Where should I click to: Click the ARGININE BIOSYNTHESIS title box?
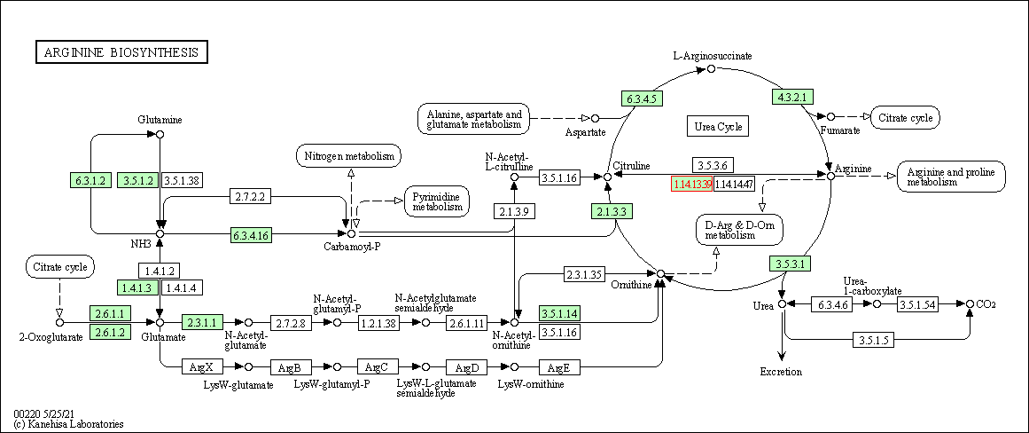tap(121, 52)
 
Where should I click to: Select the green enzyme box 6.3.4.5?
tap(641, 98)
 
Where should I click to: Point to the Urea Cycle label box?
tap(717, 127)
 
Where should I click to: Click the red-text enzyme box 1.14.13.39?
tap(692, 184)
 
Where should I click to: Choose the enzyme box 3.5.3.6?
tap(713, 166)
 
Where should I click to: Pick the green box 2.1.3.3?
tap(612, 211)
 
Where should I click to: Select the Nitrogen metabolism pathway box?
tap(348, 156)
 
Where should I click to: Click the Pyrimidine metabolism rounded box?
tap(437, 201)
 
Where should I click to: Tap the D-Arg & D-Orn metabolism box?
tap(740, 229)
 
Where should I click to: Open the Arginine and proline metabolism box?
tap(951, 176)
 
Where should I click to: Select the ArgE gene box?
tap(557, 366)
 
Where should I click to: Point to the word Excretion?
tap(781, 372)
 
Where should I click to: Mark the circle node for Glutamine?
tap(160, 134)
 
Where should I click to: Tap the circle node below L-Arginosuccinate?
tap(711, 68)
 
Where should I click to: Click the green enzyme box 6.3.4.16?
tap(251, 235)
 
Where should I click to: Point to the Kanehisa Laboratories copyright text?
tap(68, 424)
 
